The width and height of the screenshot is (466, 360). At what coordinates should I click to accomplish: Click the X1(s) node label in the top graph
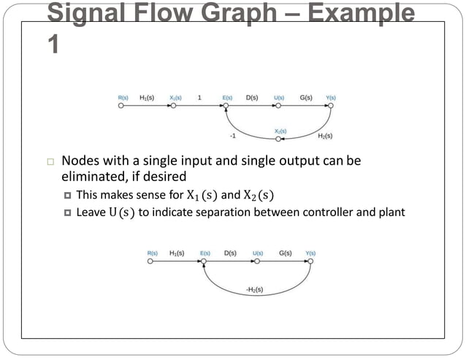click(x=175, y=97)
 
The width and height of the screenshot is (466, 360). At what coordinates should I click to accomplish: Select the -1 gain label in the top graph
click(x=233, y=136)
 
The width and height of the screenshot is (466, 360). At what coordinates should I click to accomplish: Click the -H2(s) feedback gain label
click(x=254, y=290)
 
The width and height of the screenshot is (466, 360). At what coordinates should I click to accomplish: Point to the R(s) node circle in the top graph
click(x=122, y=106)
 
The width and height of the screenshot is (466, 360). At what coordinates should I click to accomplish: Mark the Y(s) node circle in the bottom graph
click(x=310, y=261)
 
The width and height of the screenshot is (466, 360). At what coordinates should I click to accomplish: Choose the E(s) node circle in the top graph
click(x=226, y=106)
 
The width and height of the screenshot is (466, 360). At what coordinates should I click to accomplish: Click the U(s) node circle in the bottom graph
click(x=257, y=261)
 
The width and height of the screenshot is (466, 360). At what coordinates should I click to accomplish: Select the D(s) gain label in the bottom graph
click(x=230, y=253)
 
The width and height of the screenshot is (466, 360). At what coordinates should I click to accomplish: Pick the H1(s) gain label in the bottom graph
click(x=176, y=253)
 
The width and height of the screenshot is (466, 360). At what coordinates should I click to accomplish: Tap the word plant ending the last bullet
click(x=389, y=212)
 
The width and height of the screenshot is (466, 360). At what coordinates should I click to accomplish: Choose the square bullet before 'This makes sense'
click(x=67, y=195)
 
